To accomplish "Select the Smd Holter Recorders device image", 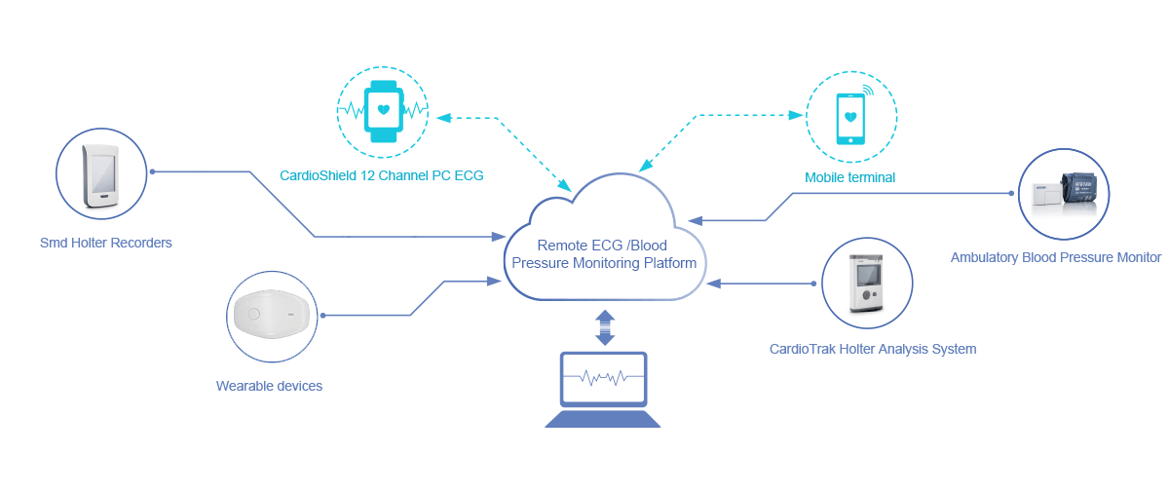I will click(100, 176).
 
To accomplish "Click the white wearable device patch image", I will click(271, 315).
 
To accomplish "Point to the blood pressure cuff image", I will click(1064, 194).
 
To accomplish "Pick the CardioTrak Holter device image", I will click(866, 283).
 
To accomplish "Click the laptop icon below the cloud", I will click(604, 390).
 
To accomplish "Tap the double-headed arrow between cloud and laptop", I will click(605, 326).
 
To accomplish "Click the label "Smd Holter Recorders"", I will click(105, 243).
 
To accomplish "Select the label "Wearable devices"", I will click(269, 386).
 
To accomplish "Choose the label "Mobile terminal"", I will click(849, 177).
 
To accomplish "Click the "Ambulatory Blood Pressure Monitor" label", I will click(1056, 257).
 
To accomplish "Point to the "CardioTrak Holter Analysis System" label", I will click(872, 348).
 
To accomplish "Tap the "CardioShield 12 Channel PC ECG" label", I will click(381, 175).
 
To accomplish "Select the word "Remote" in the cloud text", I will click(562, 246).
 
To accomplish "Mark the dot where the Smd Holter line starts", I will click(153, 172).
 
